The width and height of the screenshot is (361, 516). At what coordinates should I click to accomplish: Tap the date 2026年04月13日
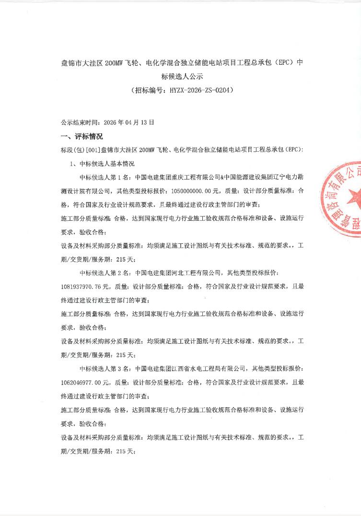(132, 122)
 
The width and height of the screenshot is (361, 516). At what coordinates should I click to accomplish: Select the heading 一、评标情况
(82, 136)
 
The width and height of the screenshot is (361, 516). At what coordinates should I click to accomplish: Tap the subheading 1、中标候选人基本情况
(103, 163)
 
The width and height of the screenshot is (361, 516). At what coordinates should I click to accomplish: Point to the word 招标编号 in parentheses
(147, 90)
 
